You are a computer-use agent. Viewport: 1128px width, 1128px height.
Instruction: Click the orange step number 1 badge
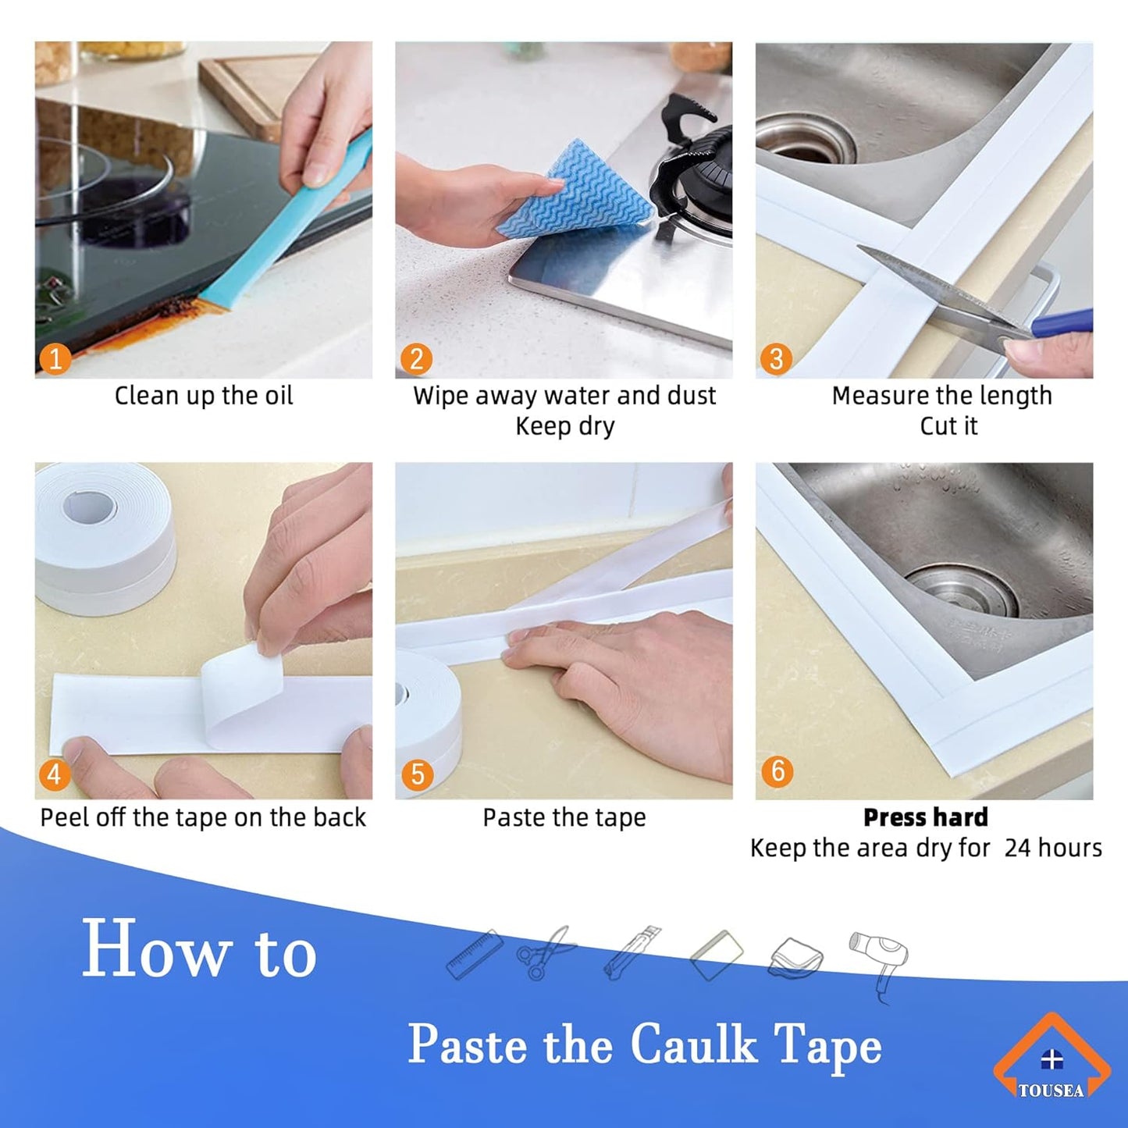click(55, 358)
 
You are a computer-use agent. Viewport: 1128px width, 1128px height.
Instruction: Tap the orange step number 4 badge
click(55, 774)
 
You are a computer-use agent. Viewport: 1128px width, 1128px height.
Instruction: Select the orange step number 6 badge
click(778, 770)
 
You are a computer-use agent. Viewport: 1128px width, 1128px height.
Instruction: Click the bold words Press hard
click(925, 817)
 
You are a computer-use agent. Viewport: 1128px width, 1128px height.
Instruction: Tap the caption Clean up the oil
click(204, 396)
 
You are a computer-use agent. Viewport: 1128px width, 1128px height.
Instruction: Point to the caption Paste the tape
click(564, 817)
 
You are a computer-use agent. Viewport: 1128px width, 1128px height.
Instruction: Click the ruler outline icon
click(474, 954)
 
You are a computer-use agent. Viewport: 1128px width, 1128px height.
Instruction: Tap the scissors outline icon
click(545, 952)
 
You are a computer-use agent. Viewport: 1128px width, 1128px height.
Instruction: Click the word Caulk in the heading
click(693, 1044)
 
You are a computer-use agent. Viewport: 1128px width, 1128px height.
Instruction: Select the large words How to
click(199, 950)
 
